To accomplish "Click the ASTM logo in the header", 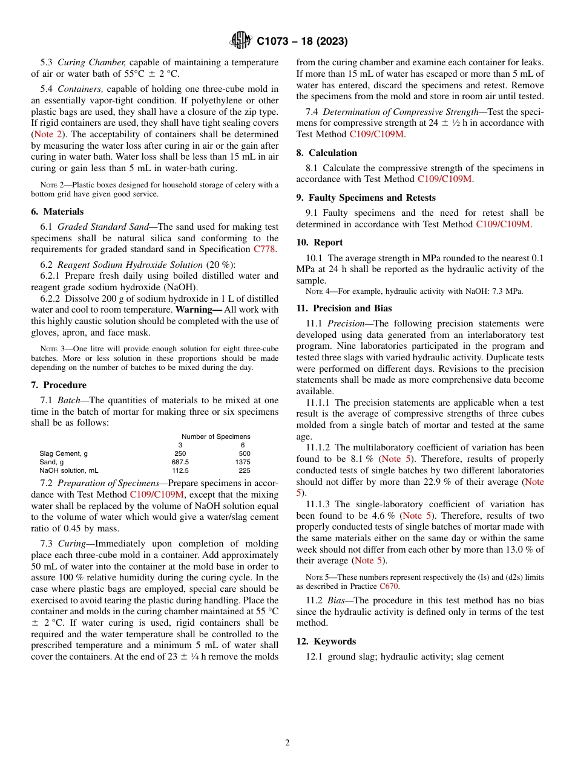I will click(x=241, y=41).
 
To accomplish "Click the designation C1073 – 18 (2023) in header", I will click(x=301, y=42).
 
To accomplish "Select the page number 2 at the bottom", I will click(x=287, y=743).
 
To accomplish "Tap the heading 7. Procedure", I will click(x=59, y=385).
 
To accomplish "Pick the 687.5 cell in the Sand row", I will click(x=180, y=462).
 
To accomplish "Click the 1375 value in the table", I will click(x=242, y=462).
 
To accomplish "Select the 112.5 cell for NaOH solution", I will click(x=180, y=470).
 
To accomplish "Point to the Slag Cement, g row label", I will click(x=64, y=453).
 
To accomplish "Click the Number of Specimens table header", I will click(x=215, y=436).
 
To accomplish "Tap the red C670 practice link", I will click(x=389, y=586).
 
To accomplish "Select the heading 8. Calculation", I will click(x=327, y=153).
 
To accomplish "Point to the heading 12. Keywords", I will click(x=326, y=641).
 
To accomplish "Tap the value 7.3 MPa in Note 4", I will click(x=507, y=291).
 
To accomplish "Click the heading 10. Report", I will click(x=320, y=242).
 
